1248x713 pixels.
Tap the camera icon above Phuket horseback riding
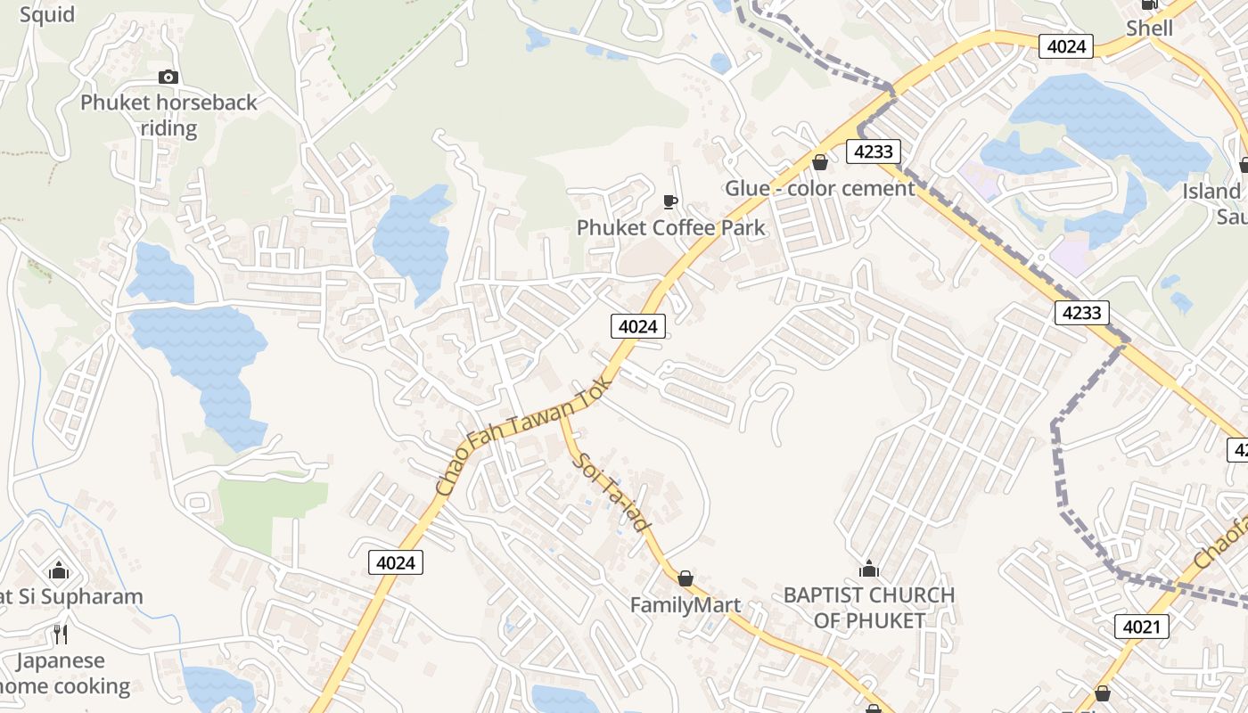pyautogui.click(x=168, y=78)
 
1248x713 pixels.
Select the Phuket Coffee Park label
pyautogui.click(x=670, y=227)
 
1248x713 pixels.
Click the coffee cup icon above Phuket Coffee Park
pyautogui.click(x=670, y=201)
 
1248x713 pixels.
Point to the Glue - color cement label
pyautogui.click(x=819, y=188)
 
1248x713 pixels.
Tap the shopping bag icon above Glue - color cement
pyautogui.click(x=819, y=162)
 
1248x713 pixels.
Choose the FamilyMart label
pyautogui.click(x=685, y=605)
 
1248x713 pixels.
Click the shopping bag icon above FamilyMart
pyautogui.click(x=685, y=579)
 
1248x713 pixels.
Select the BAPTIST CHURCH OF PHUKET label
pyautogui.click(x=869, y=607)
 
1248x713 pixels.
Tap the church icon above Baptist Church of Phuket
pyautogui.click(x=869, y=569)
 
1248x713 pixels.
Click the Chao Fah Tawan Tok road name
pyautogui.click(x=524, y=435)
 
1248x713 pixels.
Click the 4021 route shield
pyautogui.click(x=1142, y=627)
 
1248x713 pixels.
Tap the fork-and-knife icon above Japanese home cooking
pyautogui.click(x=60, y=635)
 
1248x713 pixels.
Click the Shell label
pyautogui.click(x=1149, y=28)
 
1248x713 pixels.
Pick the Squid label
pyautogui.click(x=46, y=14)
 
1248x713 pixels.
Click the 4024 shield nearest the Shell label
pyautogui.click(x=1066, y=46)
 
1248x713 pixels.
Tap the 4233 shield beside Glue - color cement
pyautogui.click(x=873, y=152)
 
